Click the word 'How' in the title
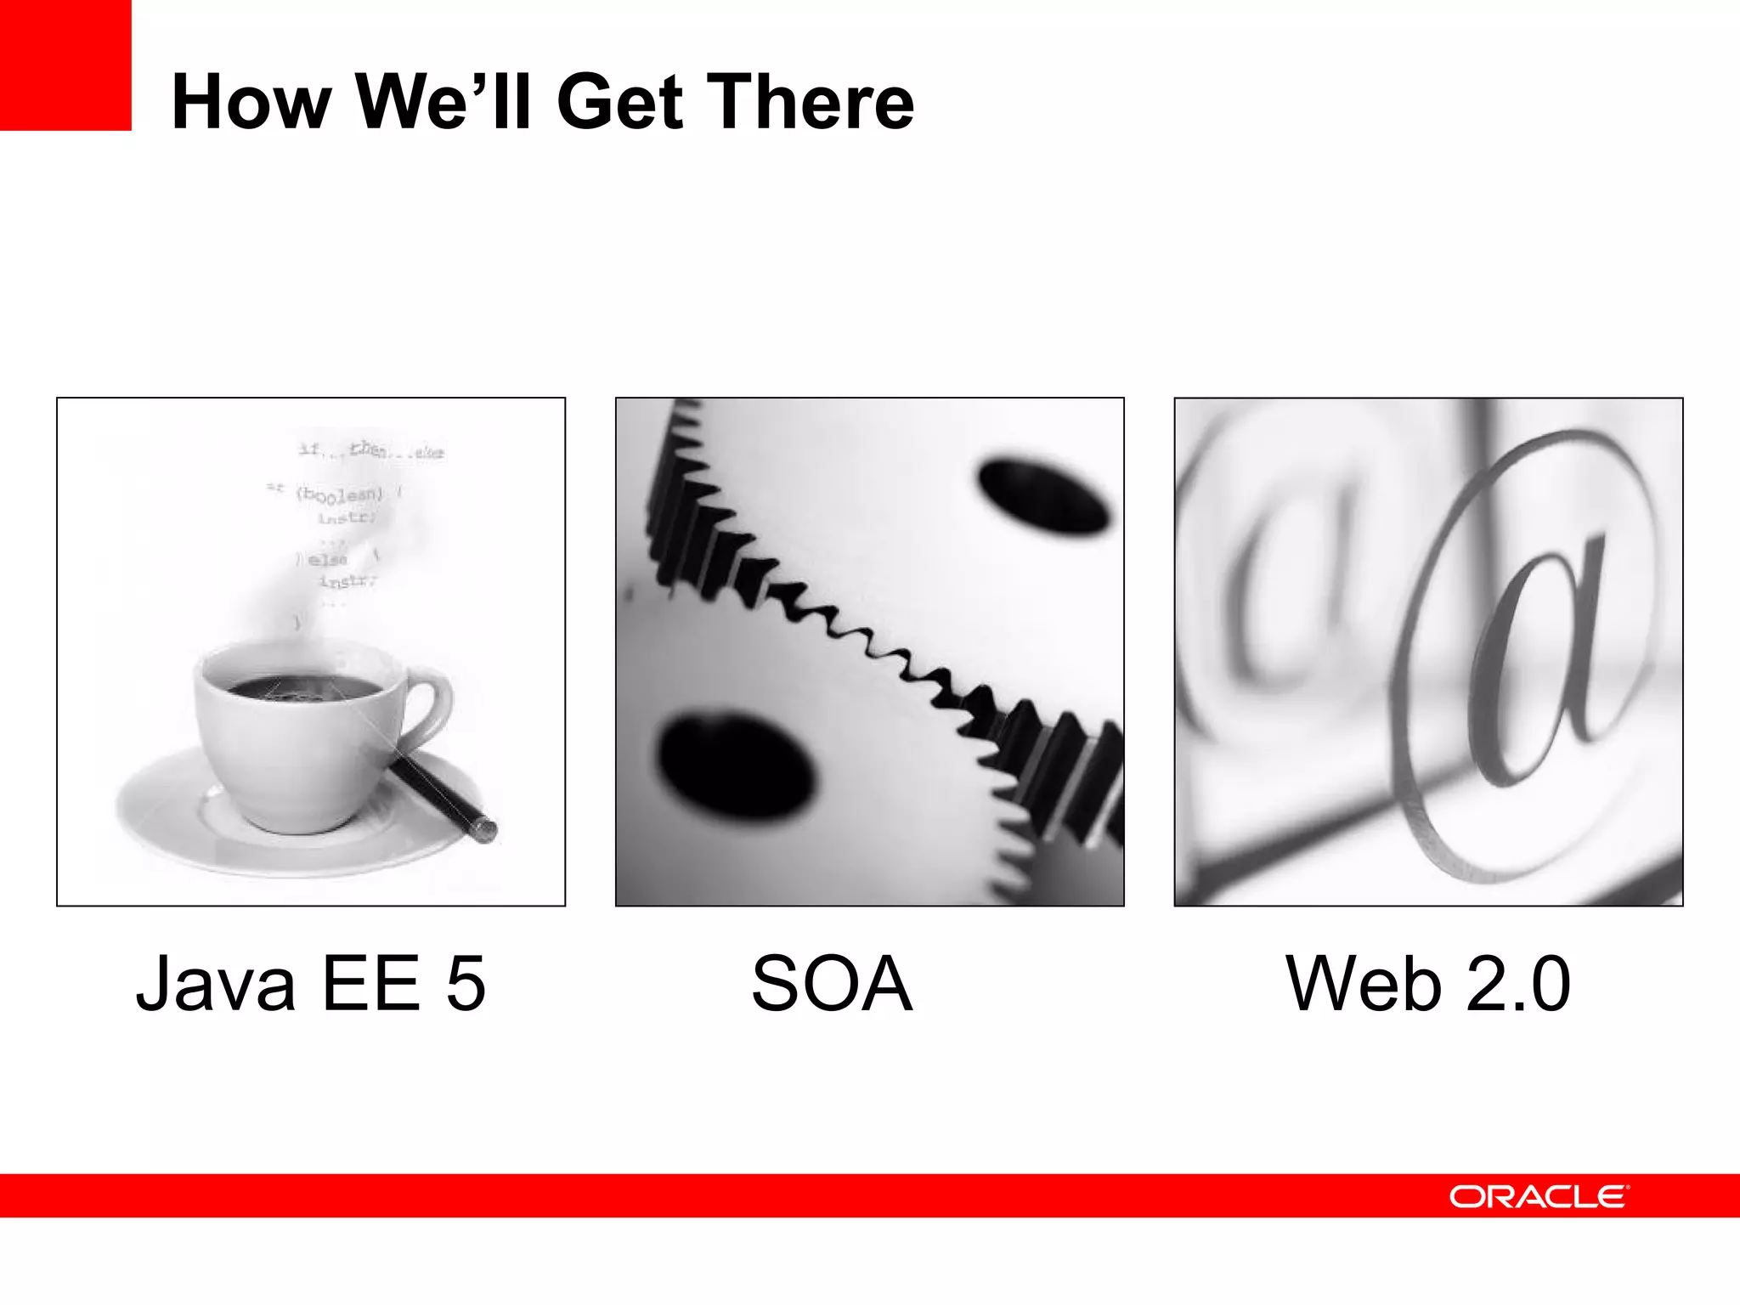coord(251,102)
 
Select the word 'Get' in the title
coord(620,102)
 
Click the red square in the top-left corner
coord(65,65)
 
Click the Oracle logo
coord(1539,1196)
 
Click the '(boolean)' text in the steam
coord(340,494)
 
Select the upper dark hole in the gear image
coord(1043,494)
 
